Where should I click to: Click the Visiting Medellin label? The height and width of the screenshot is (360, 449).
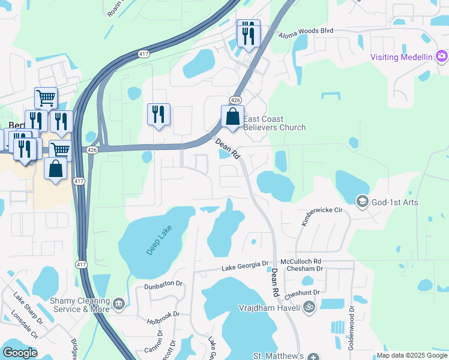point(401,57)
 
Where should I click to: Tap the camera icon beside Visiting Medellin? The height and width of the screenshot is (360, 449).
point(442,56)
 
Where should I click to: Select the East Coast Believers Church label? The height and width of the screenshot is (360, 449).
point(274,124)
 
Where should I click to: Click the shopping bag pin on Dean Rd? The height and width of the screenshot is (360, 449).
point(233,117)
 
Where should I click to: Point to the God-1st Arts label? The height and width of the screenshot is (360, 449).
point(394,202)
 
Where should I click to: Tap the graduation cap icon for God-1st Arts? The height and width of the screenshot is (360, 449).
point(362,202)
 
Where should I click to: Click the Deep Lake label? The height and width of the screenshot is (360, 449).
point(154,242)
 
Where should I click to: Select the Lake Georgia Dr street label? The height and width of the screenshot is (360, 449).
point(245,266)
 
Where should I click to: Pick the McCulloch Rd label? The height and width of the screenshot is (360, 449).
point(301,262)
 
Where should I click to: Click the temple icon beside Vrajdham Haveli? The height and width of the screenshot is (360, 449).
point(309,307)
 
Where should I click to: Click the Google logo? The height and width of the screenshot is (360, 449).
point(20,353)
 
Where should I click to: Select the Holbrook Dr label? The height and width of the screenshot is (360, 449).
point(163,317)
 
